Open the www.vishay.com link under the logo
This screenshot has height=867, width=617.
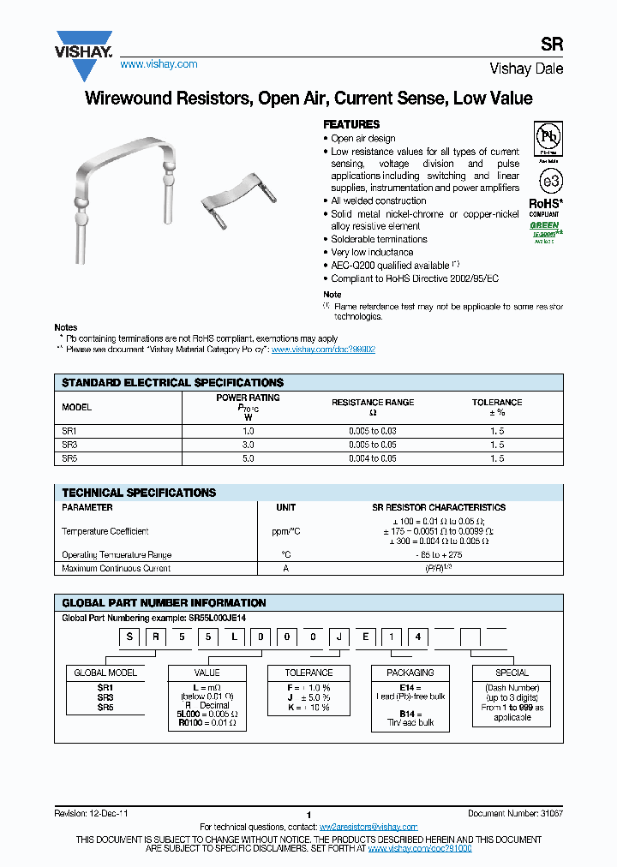tap(159, 64)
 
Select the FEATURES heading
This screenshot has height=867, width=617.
tap(351, 124)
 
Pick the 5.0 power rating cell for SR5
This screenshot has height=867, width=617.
tap(248, 459)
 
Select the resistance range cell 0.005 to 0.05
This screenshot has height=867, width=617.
tap(373, 445)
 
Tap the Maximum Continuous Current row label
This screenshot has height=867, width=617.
tap(117, 568)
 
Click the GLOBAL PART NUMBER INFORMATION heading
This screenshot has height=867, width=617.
tap(164, 602)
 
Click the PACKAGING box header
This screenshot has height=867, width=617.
tap(410, 673)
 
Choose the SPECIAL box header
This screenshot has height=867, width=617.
tap(512, 673)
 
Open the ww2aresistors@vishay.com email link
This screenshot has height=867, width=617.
tap(368, 827)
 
